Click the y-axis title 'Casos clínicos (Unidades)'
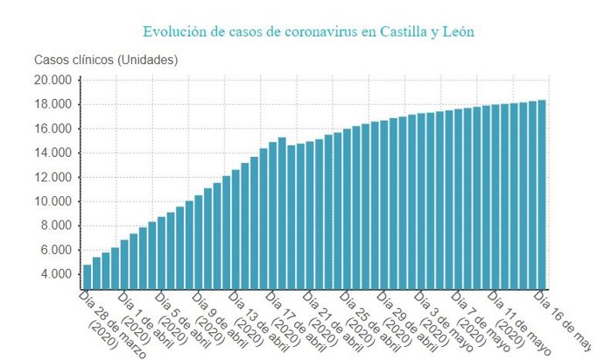pos(106,60)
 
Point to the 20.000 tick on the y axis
pos(53,81)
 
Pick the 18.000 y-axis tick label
pos(53,104)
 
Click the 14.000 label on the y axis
pos(53,153)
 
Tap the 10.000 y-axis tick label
pos(53,201)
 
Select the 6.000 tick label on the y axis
pos(55,250)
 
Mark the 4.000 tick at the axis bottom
pos(55,274)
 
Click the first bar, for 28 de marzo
pos(88,276)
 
